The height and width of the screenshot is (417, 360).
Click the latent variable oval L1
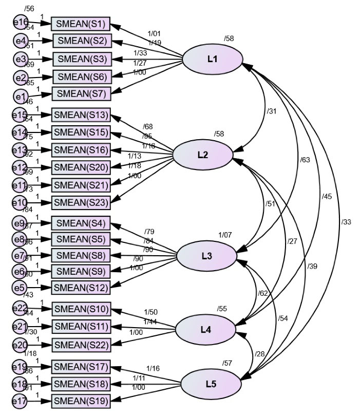point(212,59)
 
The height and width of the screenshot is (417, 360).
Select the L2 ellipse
point(202,154)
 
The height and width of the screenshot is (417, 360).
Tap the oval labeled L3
point(207,256)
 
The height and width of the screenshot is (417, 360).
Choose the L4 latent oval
point(206,330)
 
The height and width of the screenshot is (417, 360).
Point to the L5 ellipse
point(211,384)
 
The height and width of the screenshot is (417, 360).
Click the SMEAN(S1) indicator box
point(80,23)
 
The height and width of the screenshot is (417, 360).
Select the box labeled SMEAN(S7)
point(81,94)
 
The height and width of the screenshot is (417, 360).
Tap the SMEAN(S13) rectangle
point(81,115)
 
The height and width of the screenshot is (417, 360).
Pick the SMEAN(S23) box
point(81,202)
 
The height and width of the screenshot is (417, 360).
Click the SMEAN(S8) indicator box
point(81,255)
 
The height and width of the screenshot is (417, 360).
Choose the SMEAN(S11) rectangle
point(82,327)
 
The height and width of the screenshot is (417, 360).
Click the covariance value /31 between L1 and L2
point(272,111)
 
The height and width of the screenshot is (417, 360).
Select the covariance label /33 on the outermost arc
point(347,222)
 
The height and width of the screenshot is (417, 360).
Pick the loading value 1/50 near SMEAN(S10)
point(150,312)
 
